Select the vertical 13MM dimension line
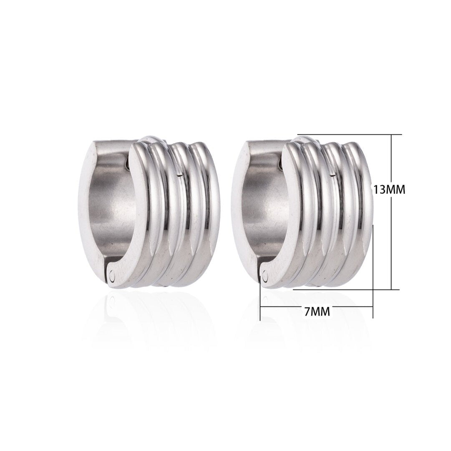click(x=391, y=234)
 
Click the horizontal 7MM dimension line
click(x=284, y=307)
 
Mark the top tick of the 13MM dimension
click(x=391, y=134)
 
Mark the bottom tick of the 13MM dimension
click(x=391, y=289)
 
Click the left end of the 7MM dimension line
click(x=260, y=307)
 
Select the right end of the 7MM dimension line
click(x=373, y=307)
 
